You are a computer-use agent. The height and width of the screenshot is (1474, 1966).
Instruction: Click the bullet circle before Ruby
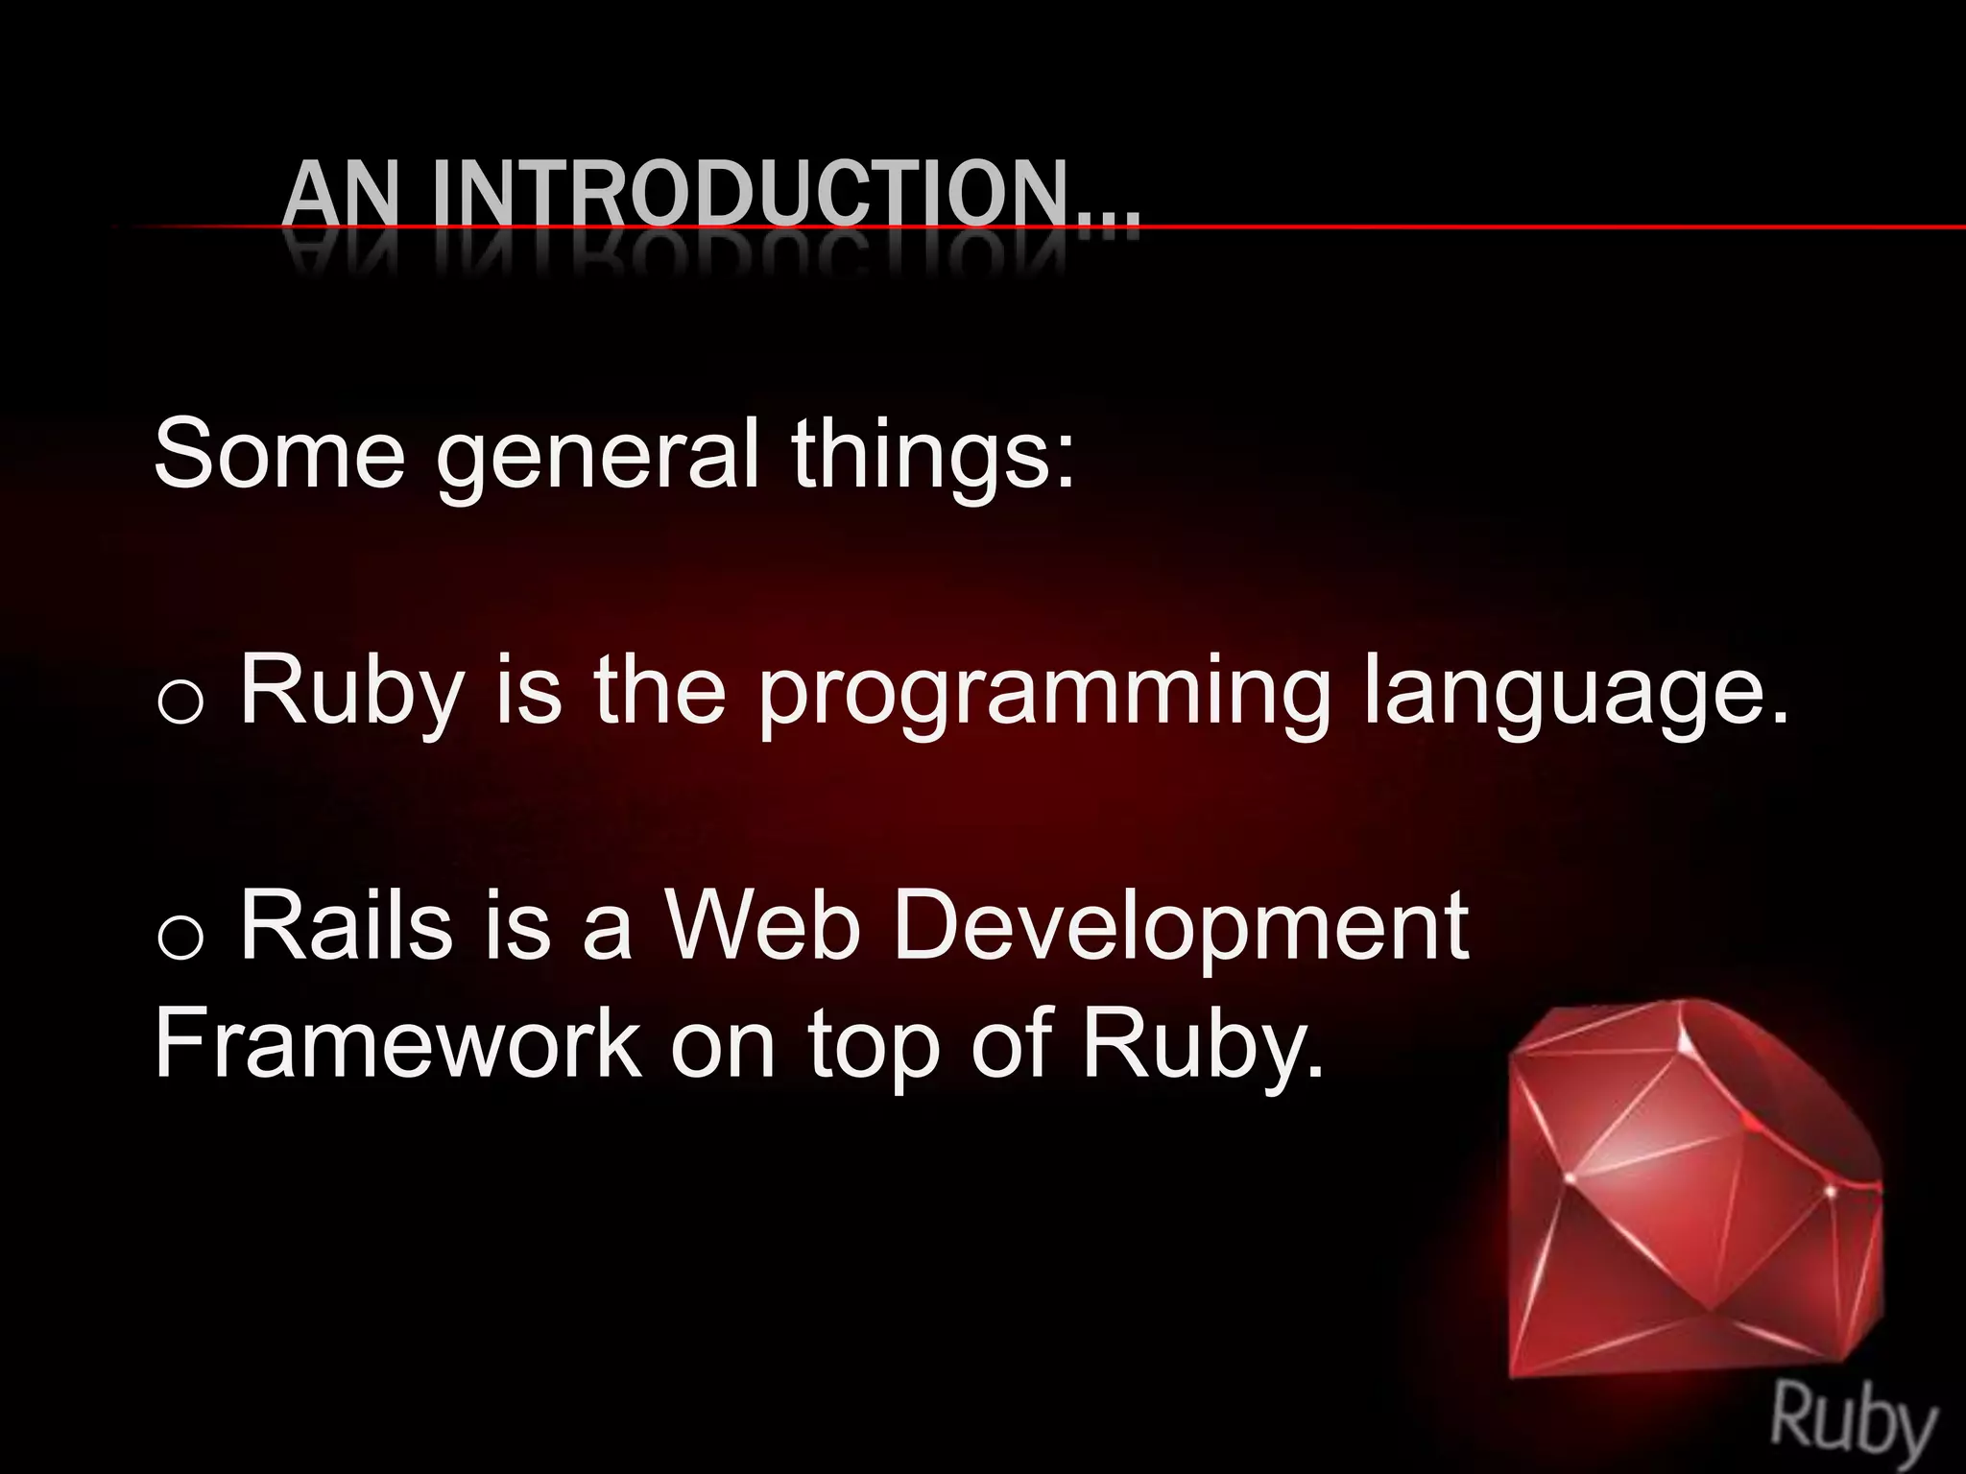click(180, 703)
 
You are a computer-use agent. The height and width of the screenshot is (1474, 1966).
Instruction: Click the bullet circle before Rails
click(180, 938)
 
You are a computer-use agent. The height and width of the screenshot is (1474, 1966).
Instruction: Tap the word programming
click(1044, 693)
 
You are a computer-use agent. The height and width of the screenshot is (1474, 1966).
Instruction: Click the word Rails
click(347, 925)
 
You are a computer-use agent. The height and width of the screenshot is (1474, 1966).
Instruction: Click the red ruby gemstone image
click(1690, 1190)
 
